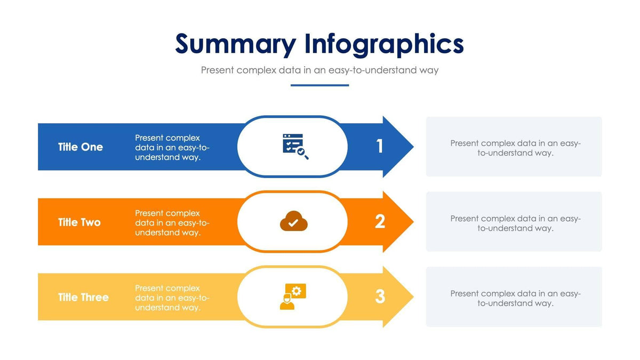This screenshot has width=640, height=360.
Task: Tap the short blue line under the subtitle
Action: coord(319,85)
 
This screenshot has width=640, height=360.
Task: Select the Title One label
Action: coord(81,147)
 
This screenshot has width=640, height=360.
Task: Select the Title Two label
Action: coord(79,222)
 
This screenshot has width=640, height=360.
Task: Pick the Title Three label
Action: coord(83,298)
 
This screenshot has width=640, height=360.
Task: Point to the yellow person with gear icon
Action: coord(293,297)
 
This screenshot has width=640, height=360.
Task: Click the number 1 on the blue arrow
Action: coord(380,146)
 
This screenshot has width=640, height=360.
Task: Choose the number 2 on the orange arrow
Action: coord(380,221)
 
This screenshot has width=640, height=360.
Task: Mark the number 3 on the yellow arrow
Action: coord(380,297)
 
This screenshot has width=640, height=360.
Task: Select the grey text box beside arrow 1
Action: coord(514,147)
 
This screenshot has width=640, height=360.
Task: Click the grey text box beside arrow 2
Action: coord(514,222)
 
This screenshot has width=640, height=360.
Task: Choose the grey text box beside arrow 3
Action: coord(514,297)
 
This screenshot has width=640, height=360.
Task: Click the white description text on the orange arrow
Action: coord(172,223)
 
